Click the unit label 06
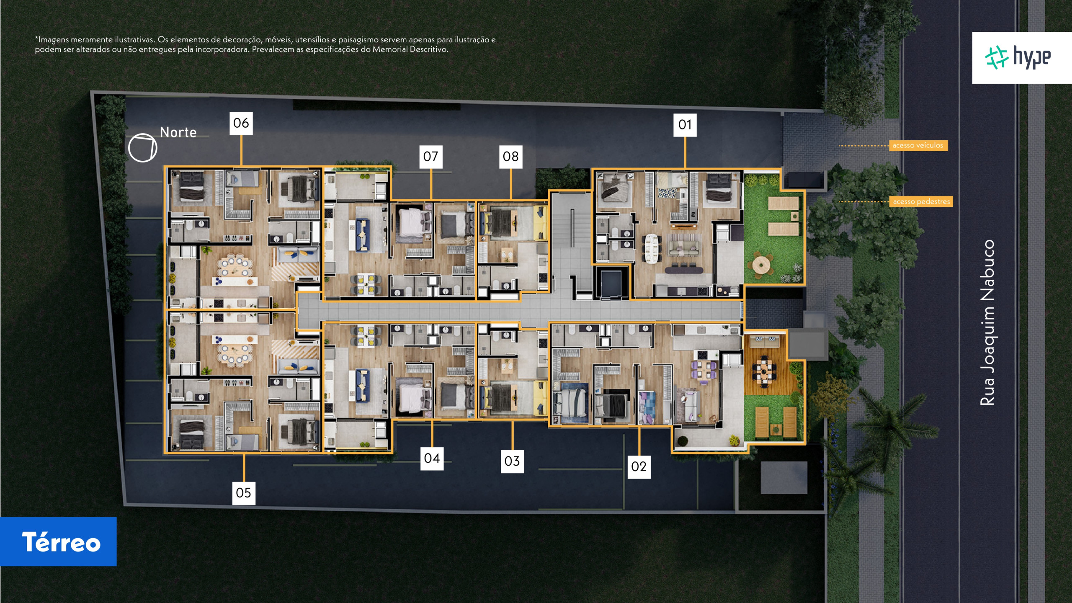[x=241, y=123]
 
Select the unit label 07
[x=431, y=157]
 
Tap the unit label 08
[x=511, y=157]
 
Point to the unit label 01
[x=685, y=125]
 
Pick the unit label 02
[x=639, y=466]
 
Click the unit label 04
[x=432, y=458]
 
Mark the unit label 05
[x=244, y=493]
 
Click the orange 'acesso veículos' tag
[x=918, y=145]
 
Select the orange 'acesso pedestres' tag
[x=921, y=201]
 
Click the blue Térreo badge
[x=58, y=541]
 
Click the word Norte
[x=178, y=132]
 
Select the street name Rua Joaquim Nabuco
[x=987, y=322]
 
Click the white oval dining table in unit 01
[x=652, y=248]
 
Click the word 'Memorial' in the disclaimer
[x=390, y=49]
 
